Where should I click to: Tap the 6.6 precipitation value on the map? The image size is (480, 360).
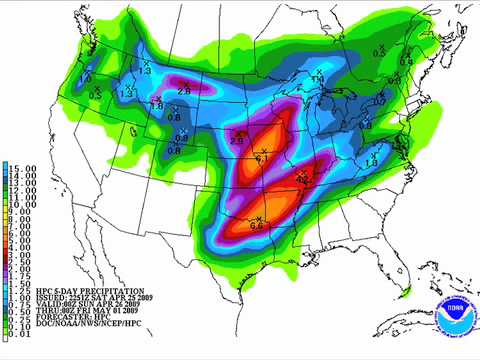256,227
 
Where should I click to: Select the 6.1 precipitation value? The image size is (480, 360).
262,158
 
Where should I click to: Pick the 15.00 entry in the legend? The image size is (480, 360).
22,169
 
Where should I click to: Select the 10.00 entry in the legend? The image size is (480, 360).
22,204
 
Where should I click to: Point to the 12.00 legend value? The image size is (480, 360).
22,190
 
